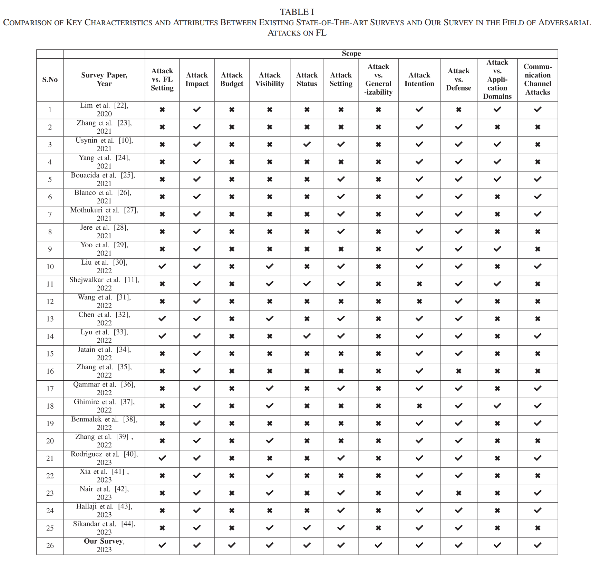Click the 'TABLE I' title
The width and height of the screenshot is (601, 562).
click(297, 12)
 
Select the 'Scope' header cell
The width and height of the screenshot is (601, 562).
click(351, 54)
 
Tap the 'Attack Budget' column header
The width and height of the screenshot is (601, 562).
click(232, 79)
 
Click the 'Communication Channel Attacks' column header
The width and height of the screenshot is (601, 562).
click(537, 79)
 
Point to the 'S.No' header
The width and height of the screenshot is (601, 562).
click(50, 79)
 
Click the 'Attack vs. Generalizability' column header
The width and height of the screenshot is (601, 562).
click(378, 79)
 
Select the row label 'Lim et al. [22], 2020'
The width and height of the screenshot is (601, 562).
click(104, 110)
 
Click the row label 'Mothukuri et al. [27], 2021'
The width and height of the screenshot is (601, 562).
click(104, 214)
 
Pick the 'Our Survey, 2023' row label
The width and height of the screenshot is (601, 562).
click(104, 545)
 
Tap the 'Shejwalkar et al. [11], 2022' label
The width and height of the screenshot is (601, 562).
click(104, 284)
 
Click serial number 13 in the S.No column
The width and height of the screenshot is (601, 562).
click(50, 319)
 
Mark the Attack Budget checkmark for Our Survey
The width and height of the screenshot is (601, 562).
click(232, 545)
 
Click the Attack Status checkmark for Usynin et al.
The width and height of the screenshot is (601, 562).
click(307, 144)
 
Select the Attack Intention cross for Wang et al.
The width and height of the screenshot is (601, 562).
click(419, 301)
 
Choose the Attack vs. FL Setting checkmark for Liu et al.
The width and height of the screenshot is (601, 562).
click(162, 266)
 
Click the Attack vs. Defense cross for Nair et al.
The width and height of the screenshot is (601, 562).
click(458, 493)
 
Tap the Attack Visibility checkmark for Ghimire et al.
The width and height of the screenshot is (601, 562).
click(270, 406)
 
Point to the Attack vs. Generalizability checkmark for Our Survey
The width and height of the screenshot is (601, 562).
click(378, 545)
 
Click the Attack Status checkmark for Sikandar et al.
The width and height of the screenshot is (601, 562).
click(307, 528)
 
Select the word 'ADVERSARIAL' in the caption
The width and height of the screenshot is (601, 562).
click(564, 23)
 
